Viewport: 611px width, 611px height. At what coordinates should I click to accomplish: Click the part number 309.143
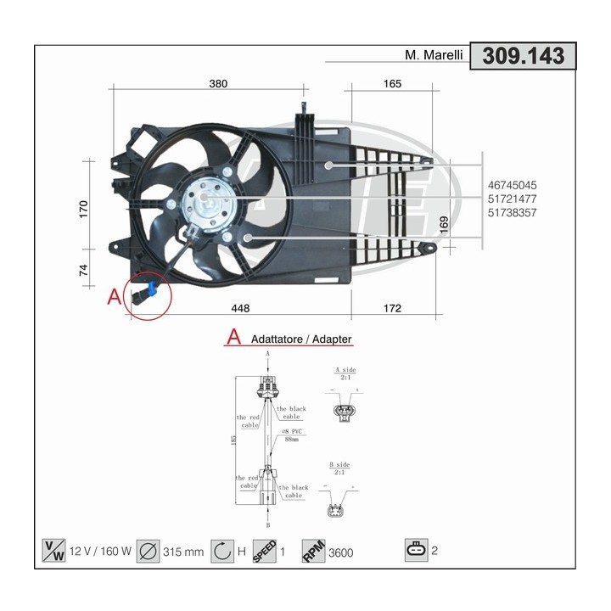523,56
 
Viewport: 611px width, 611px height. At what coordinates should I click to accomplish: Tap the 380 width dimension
219,83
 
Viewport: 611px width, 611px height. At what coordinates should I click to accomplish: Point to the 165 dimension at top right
391,83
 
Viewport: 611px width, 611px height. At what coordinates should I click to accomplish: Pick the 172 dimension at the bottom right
391,308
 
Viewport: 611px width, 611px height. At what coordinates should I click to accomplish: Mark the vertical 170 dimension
84,210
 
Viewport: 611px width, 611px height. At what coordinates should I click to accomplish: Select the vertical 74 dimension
84,271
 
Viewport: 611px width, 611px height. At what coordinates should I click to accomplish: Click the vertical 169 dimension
444,224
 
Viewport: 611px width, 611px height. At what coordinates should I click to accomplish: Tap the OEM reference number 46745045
512,184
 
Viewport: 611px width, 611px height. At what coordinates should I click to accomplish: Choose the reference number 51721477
512,199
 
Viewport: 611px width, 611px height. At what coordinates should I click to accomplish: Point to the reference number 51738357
512,212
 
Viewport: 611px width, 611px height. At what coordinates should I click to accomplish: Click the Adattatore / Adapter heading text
301,339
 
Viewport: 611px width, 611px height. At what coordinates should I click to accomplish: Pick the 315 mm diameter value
182,552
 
